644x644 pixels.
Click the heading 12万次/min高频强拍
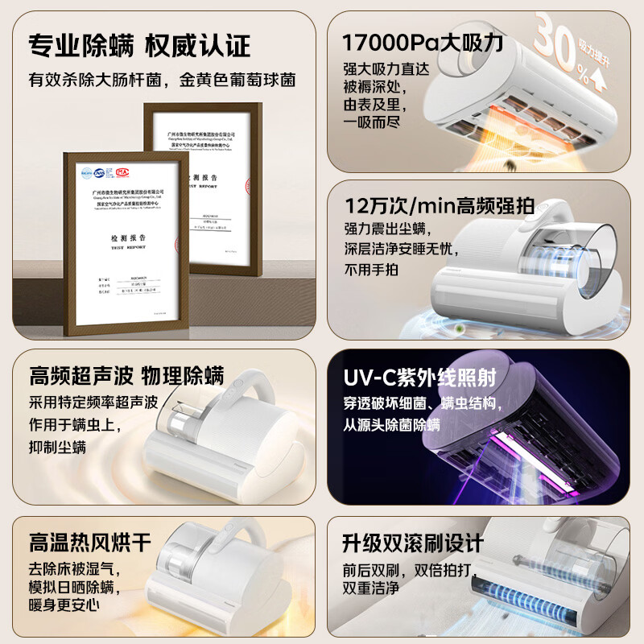[x=440, y=206]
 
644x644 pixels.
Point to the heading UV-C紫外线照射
[x=420, y=378]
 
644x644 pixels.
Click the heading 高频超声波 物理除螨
[x=126, y=375]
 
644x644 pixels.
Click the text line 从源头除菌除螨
[x=392, y=425]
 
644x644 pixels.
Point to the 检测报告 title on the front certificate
[x=118, y=239]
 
